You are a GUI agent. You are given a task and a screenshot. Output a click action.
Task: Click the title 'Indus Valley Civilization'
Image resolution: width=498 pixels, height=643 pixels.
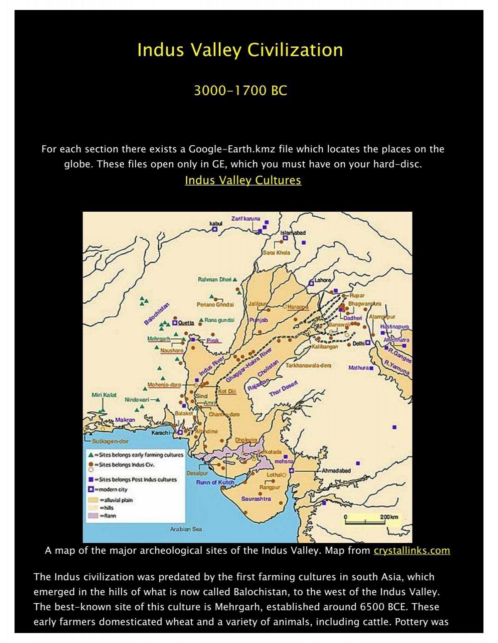[240, 50]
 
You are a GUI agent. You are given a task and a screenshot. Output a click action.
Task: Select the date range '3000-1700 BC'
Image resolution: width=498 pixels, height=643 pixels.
[240, 90]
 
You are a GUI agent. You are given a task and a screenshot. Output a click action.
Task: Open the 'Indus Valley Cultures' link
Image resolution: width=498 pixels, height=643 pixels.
[243, 180]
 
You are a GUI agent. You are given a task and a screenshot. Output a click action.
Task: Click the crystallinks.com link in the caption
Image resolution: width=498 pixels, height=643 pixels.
[412, 550]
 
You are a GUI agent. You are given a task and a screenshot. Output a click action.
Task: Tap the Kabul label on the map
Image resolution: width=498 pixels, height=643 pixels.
[216, 223]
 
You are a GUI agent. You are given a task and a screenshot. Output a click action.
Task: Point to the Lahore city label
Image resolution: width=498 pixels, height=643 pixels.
[323, 280]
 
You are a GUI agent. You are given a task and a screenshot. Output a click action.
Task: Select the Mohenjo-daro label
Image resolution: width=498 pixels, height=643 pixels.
[164, 385]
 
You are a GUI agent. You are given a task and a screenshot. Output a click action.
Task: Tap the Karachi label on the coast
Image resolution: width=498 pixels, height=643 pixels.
[160, 433]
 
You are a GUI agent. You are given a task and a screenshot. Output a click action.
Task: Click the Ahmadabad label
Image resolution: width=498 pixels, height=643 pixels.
[336, 471]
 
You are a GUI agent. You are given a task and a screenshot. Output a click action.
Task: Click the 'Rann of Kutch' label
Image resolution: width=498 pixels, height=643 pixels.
[215, 482]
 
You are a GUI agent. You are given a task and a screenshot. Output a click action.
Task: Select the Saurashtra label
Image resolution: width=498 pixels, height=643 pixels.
[256, 499]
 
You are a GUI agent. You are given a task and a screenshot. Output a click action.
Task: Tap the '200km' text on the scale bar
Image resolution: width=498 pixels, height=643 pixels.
[389, 517]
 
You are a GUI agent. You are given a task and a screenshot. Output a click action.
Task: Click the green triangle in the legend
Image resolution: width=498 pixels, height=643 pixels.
[90, 455]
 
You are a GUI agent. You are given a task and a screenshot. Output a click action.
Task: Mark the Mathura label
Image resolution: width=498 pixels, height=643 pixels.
[359, 368]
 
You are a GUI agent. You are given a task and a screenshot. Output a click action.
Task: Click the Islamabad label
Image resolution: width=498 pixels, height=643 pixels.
[293, 233]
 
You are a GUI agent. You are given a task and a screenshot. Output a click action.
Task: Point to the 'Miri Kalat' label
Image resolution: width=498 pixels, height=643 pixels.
[104, 395]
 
